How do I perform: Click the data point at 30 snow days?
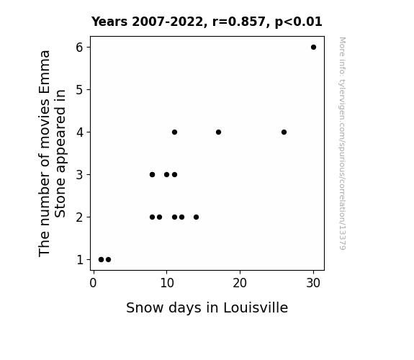(x=313, y=48)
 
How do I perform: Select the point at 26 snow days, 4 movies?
(x=284, y=132)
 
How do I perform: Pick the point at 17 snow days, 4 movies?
(x=218, y=132)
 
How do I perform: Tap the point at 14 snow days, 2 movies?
(x=196, y=217)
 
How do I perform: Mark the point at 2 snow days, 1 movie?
(x=108, y=260)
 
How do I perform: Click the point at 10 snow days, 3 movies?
(x=166, y=174)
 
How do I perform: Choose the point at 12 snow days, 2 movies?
(x=181, y=217)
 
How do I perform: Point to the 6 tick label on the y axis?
(x=79, y=48)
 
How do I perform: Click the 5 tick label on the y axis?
(x=79, y=90)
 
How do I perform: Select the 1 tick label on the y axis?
(x=80, y=260)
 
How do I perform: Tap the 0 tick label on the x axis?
(x=93, y=283)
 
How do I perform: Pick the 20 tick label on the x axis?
(x=240, y=283)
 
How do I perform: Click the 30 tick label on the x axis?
(x=313, y=283)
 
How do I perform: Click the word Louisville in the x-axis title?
(x=256, y=307)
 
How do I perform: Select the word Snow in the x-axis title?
(x=145, y=308)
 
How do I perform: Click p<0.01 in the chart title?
(x=299, y=22)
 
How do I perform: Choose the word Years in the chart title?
(x=109, y=22)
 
